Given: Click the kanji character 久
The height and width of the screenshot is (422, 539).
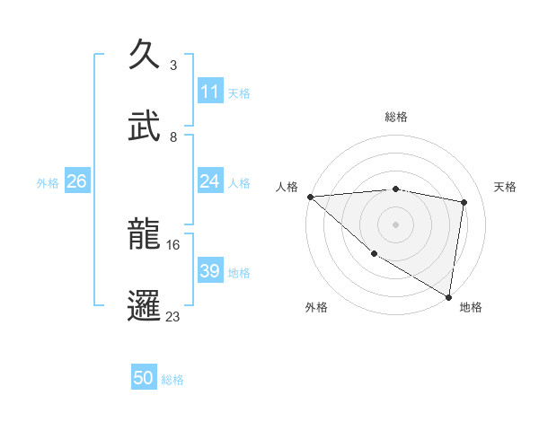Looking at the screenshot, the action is point(146,56).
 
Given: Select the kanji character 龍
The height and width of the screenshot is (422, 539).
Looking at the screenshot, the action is point(146,235).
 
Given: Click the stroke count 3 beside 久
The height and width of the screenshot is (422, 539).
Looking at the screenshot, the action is point(172,66).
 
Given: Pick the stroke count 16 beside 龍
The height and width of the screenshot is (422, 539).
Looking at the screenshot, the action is point(173,244).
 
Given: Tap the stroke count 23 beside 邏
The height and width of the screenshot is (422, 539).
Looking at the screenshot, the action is point(173,316).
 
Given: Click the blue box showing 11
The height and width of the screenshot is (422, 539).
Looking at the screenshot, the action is point(209,92).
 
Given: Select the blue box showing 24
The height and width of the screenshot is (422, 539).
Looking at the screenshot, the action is point(209,181).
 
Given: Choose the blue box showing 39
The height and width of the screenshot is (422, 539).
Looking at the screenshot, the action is point(209,271).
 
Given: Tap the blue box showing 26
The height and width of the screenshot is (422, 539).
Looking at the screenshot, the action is point(76,181).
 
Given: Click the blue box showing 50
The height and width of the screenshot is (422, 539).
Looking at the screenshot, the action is point(144,378).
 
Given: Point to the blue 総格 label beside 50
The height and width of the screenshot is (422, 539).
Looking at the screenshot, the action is point(172,380).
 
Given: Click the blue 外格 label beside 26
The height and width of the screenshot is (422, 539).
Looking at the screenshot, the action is point(48,183).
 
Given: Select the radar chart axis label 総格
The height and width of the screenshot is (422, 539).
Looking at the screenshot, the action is point(396,117).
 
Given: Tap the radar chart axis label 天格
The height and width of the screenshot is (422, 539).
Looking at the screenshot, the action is point(505,187).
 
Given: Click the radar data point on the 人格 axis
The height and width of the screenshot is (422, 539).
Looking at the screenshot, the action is point(310,197).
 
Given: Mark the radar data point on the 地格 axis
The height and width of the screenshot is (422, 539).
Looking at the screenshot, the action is point(448,296).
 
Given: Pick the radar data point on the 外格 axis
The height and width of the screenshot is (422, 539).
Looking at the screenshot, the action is point(374,254).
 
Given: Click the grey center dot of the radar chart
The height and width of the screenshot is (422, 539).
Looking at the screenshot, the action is point(395,224).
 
